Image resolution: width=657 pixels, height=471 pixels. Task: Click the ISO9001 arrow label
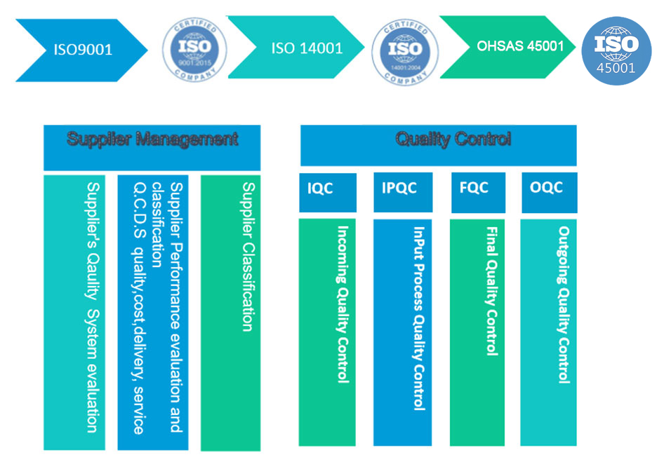[83, 50]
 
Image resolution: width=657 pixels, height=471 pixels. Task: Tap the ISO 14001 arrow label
[307, 49]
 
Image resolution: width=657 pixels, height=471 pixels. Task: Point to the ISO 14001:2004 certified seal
[405, 51]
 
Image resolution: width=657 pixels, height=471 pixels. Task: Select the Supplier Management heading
[152, 139]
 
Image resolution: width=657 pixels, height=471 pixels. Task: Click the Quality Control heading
[453, 139]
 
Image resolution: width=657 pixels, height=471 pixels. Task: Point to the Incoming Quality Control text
[343, 303]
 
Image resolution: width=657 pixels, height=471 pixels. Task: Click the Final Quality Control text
[492, 290]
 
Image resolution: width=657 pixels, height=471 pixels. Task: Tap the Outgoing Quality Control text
[563, 304]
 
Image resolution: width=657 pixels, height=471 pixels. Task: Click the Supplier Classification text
[248, 257]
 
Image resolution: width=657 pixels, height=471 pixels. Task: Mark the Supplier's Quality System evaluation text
[91, 307]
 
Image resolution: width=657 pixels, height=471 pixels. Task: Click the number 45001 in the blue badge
[616, 69]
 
